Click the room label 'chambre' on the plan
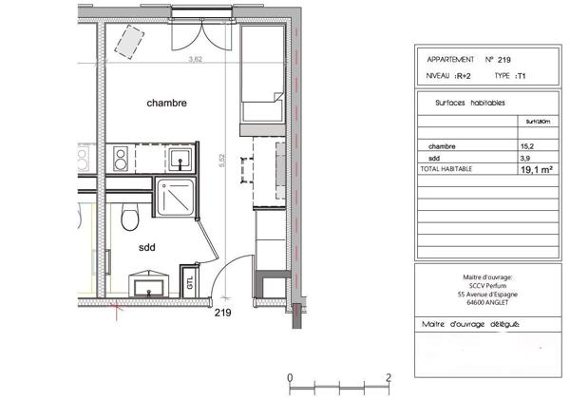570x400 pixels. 166,102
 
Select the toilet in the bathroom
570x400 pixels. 132,219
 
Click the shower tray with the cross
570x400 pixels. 176,197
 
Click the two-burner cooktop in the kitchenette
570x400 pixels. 122,159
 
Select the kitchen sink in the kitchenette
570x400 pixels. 180,158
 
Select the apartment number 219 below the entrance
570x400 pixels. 223,312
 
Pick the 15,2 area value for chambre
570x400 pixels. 526,146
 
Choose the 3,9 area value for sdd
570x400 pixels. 525,158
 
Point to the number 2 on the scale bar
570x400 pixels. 389,377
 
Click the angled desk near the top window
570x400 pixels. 128,40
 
